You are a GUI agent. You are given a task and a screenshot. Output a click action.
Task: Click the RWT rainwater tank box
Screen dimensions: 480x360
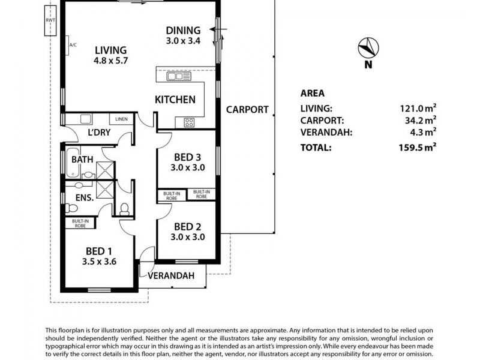[50, 20]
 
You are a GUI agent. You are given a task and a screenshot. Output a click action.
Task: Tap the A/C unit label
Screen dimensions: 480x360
[73, 45]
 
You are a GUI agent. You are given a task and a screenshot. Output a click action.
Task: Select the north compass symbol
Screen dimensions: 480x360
[368, 48]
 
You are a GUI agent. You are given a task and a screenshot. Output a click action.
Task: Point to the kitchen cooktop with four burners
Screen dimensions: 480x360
[188, 122]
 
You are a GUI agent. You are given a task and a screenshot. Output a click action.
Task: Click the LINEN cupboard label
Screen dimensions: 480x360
[122, 119]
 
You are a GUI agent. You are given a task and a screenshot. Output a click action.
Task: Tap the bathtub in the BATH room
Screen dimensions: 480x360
[73, 163]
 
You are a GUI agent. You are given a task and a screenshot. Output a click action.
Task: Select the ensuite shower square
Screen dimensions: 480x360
[105, 190]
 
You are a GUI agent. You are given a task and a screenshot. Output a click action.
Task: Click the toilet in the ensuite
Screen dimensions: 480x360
[71, 208]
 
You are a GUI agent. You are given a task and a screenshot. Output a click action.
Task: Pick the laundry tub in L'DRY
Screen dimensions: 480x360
[86, 119]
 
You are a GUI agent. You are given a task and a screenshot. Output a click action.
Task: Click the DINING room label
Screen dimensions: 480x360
[183, 31]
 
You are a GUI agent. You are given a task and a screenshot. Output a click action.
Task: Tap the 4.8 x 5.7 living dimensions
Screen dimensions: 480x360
[110, 61]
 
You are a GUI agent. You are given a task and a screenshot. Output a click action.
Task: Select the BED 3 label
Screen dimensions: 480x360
[187, 157]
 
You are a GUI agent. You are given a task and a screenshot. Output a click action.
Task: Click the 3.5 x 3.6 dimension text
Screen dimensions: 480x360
[99, 262]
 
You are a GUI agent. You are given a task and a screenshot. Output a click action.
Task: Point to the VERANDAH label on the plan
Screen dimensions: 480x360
[171, 275]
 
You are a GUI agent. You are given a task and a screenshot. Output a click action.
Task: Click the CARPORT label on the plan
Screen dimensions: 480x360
[247, 110]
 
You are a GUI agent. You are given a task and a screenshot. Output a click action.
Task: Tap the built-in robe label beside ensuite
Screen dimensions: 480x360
[80, 223]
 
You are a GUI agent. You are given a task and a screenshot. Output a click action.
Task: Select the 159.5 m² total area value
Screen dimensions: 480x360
[417, 147]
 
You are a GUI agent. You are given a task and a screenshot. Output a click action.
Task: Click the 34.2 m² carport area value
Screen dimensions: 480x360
[421, 120]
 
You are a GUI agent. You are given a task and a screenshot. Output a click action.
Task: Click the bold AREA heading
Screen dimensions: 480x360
[312, 94]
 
